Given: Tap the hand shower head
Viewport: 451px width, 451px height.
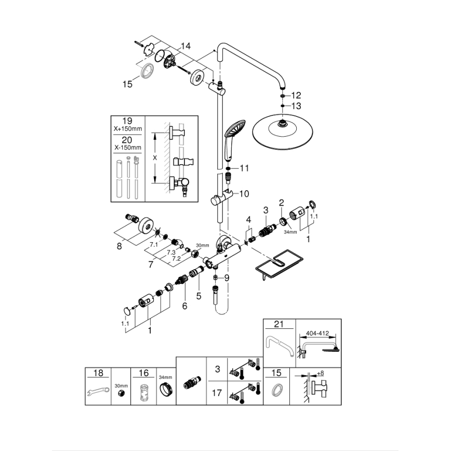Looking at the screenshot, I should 231,136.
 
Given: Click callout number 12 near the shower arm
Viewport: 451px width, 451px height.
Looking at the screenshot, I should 296,95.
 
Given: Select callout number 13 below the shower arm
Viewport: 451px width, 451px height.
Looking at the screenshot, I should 296,105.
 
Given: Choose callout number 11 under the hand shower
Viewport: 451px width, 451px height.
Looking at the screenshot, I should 244,168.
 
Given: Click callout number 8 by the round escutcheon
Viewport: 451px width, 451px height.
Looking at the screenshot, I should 119,246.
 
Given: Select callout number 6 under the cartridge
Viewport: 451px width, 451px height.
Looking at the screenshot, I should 184,307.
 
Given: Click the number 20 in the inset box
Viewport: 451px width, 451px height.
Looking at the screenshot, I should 127,140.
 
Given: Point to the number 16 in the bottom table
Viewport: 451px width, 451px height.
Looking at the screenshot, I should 144,373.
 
